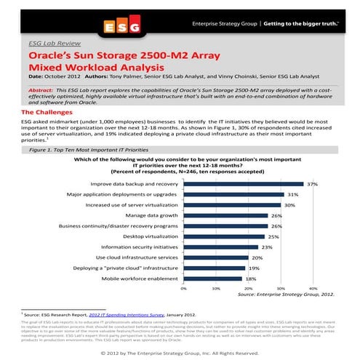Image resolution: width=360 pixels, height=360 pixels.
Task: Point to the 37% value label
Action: (x=313, y=185)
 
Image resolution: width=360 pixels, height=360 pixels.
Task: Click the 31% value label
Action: (x=293, y=195)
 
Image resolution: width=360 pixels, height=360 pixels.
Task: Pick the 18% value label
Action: (x=250, y=278)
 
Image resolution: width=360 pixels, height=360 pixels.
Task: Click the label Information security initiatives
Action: (x=139, y=247)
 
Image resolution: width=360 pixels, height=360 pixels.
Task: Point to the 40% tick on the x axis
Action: (x=313, y=289)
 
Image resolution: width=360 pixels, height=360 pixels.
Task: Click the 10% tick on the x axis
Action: (x=215, y=289)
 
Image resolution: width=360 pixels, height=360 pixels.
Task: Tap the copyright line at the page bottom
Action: (x=180, y=353)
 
